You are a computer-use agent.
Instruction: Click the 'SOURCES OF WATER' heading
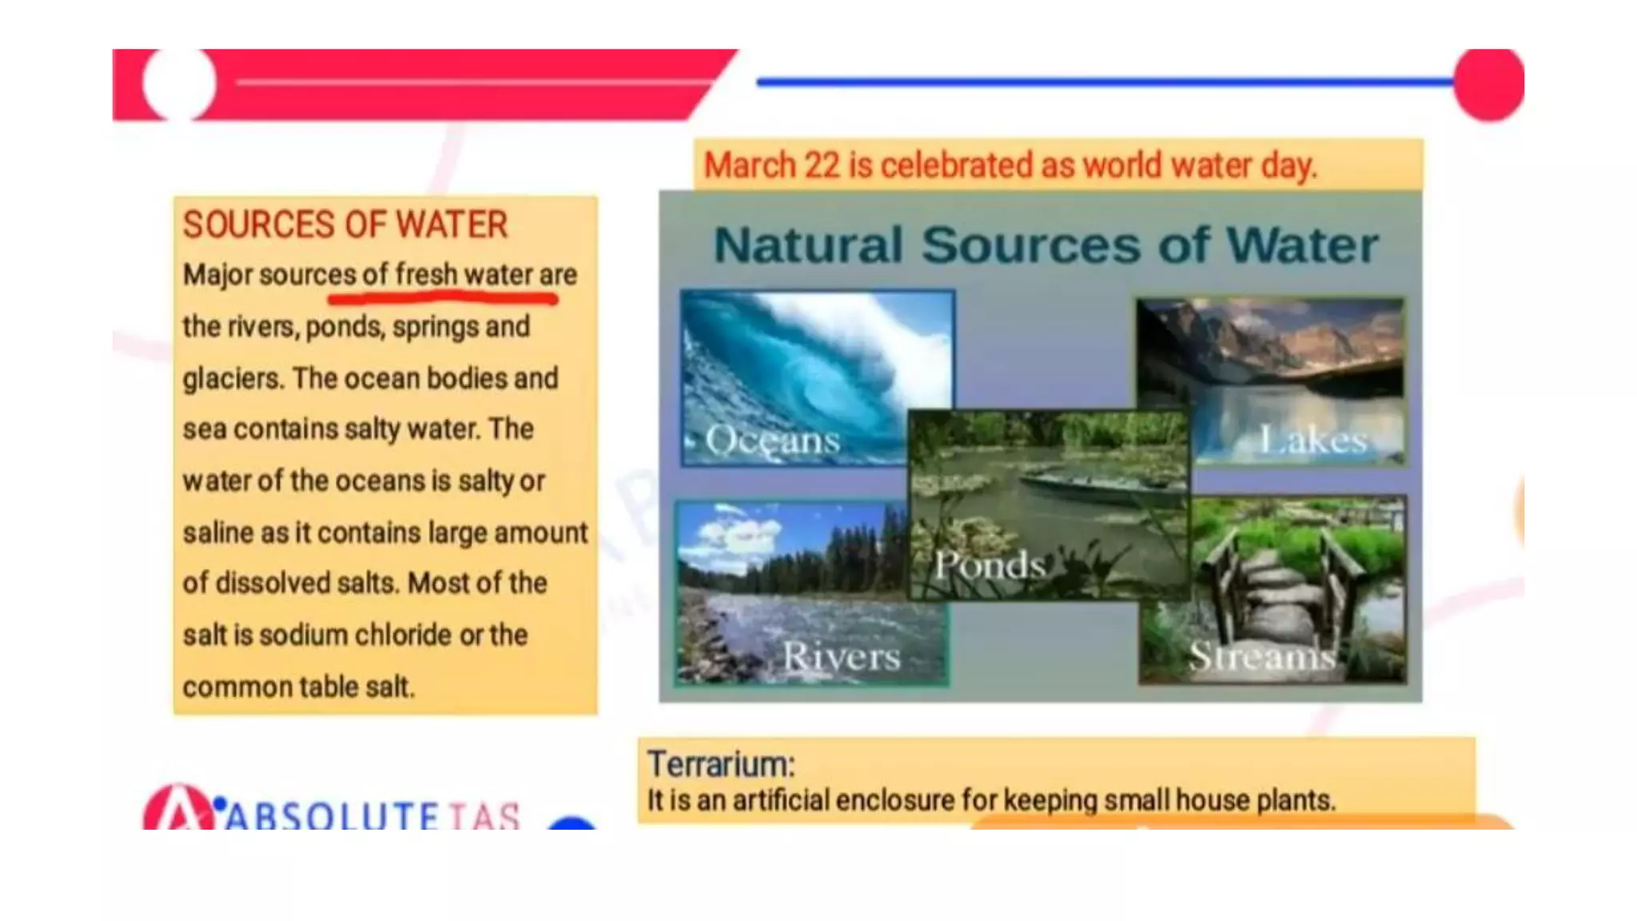click(345, 225)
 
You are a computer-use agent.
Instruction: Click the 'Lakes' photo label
click(1312, 440)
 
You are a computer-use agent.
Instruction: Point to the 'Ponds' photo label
click(990, 565)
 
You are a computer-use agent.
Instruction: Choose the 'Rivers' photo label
click(841, 656)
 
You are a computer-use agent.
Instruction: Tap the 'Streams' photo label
click(1261, 656)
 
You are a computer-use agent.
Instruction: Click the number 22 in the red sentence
click(822, 165)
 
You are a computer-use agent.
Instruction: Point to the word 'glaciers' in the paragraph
click(232, 379)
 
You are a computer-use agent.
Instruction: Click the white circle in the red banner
click(179, 82)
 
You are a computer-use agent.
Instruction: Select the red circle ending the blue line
click(1488, 84)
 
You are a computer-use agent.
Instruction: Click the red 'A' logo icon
click(178, 809)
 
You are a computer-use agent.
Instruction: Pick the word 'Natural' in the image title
click(808, 245)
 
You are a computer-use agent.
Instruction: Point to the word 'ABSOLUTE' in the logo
click(333, 816)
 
